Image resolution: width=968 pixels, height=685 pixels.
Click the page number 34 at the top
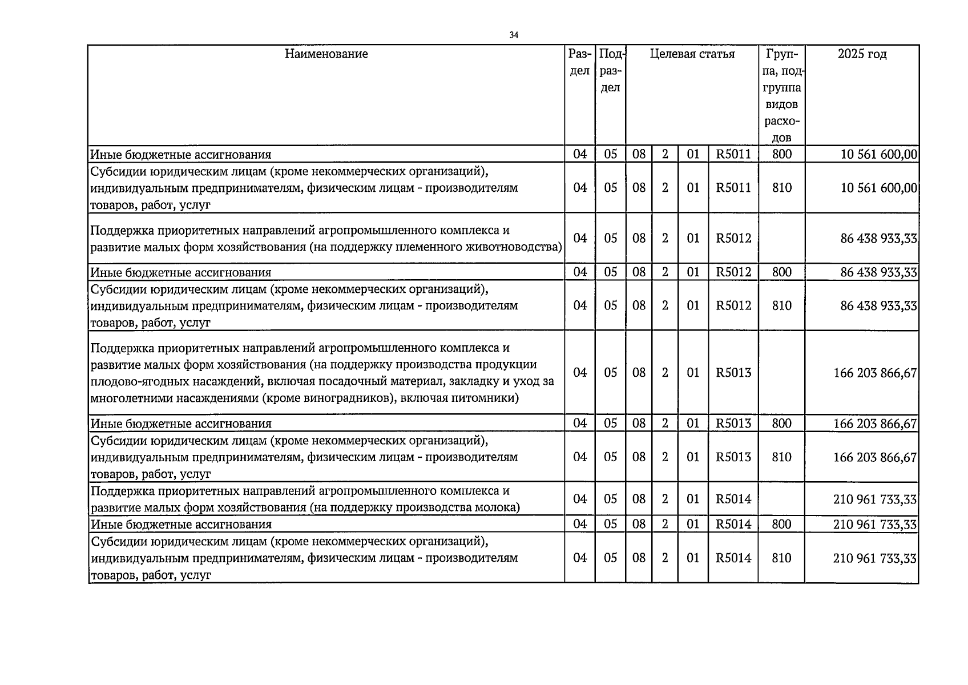[x=514, y=35]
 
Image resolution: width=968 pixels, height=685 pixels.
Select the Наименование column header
[x=326, y=54]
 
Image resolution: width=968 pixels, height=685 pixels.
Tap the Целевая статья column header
[x=692, y=54]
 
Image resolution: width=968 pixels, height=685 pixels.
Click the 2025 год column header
[x=862, y=54]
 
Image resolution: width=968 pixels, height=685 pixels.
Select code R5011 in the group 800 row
[x=733, y=154]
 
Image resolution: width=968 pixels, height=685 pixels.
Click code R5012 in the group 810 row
[x=733, y=305]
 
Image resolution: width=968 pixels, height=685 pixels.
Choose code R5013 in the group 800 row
[x=733, y=424]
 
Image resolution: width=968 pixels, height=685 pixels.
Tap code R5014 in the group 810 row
[x=733, y=558]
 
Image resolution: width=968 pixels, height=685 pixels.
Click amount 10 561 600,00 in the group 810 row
[x=878, y=188]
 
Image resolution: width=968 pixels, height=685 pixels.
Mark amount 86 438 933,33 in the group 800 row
[x=878, y=272]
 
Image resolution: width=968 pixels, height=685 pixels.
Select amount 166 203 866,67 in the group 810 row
[x=875, y=457]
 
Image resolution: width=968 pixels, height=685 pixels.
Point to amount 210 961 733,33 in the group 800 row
[x=875, y=524]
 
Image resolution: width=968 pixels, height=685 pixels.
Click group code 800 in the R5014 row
[x=781, y=524]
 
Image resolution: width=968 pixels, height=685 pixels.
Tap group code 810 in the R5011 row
[x=781, y=188]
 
